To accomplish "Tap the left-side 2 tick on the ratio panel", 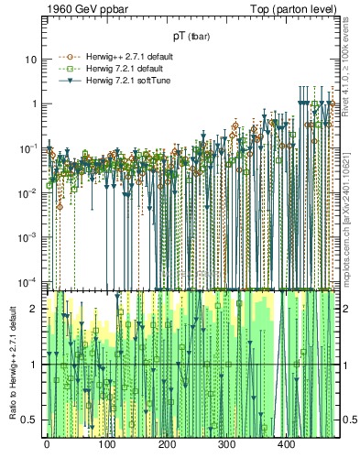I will [36, 309].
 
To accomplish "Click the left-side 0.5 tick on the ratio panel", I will [32, 420].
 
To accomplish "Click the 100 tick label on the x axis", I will [106, 445].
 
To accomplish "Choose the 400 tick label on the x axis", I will [287, 445].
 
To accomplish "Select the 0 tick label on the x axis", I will [46, 445].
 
